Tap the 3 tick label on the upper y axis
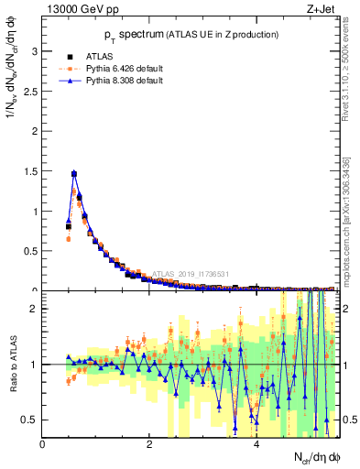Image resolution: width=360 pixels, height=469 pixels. [34, 51]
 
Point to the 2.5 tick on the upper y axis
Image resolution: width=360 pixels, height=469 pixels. [30, 92]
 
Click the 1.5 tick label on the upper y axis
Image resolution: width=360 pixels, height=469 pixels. [30, 171]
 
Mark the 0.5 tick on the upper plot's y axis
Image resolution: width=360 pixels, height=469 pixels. [30, 251]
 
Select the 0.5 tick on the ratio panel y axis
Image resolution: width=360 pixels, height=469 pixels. [30, 420]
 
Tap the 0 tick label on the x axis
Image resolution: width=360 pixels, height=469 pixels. [42, 444]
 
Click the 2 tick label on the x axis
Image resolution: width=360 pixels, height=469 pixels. [149, 444]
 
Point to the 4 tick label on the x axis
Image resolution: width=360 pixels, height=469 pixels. [256, 444]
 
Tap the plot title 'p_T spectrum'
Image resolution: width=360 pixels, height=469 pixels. [189, 34]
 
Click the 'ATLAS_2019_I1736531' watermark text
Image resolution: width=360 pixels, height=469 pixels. [192, 273]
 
